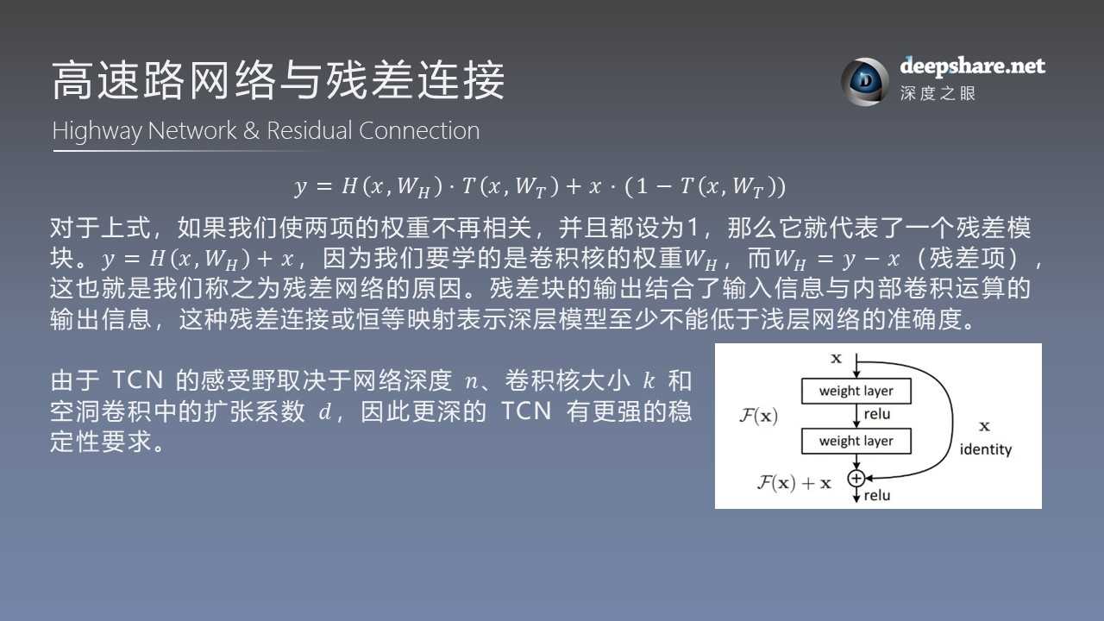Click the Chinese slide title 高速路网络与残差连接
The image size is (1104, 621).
point(278,82)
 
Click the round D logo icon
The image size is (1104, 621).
point(864,81)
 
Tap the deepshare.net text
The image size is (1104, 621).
point(972,66)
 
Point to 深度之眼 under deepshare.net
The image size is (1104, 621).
point(938,93)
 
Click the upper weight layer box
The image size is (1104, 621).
point(856,391)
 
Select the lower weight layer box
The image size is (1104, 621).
point(856,441)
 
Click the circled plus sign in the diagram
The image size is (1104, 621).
point(856,478)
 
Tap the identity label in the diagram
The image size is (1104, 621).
point(985,449)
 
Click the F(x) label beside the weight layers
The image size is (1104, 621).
point(759,416)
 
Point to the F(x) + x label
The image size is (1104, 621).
point(793,483)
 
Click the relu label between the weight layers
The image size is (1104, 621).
point(877,415)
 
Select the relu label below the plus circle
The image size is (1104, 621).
point(877,496)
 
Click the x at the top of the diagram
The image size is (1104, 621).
point(836,358)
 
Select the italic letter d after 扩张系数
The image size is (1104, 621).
point(324,412)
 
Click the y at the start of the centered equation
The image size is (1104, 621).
point(300,185)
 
